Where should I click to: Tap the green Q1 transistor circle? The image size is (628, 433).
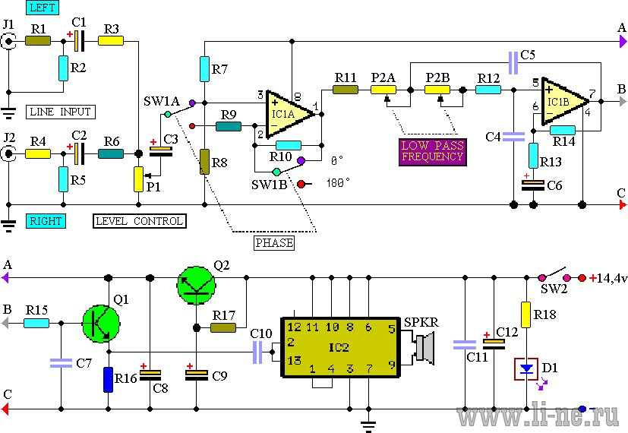point(101,324)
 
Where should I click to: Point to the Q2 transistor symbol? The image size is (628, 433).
point(196,286)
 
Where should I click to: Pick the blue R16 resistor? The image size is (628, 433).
point(108,379)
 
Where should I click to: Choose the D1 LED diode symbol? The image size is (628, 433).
point(526,369)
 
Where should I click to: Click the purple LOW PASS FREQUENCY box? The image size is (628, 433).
point(433,152)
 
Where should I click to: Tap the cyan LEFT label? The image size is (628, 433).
point(43,8)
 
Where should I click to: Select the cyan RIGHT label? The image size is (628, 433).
point(46,221)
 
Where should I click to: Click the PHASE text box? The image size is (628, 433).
point(274,243)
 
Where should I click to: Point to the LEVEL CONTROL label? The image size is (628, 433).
point(140,221)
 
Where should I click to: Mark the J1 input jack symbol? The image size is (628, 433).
point(8,41)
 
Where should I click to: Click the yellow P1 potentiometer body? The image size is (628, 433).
point(138,179)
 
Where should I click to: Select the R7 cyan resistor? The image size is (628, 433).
point(204,69)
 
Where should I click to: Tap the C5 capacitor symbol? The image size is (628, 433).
point(513,63)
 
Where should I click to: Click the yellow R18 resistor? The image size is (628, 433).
point(526,314)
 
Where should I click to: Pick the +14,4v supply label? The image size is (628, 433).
point(607,278)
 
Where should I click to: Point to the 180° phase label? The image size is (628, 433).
point(339,183)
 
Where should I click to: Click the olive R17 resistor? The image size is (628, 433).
point(223,328)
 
